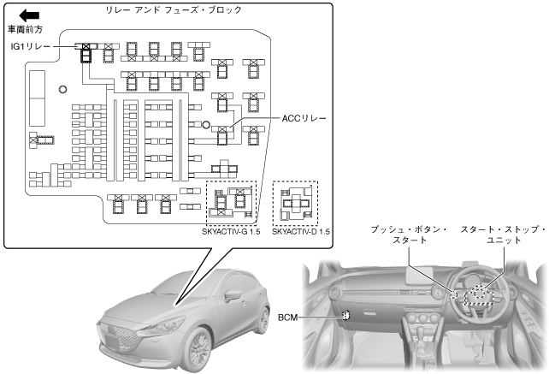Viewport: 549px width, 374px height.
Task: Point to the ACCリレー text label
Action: (x=305, y=118)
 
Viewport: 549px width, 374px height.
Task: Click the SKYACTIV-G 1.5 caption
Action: (x=231, y=231)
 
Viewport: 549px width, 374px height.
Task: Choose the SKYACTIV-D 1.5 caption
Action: (x=294, y=231)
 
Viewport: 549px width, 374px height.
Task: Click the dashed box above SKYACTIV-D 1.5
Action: (x=294, y=203)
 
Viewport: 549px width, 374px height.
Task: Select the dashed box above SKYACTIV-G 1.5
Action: (x=231, y=203)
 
